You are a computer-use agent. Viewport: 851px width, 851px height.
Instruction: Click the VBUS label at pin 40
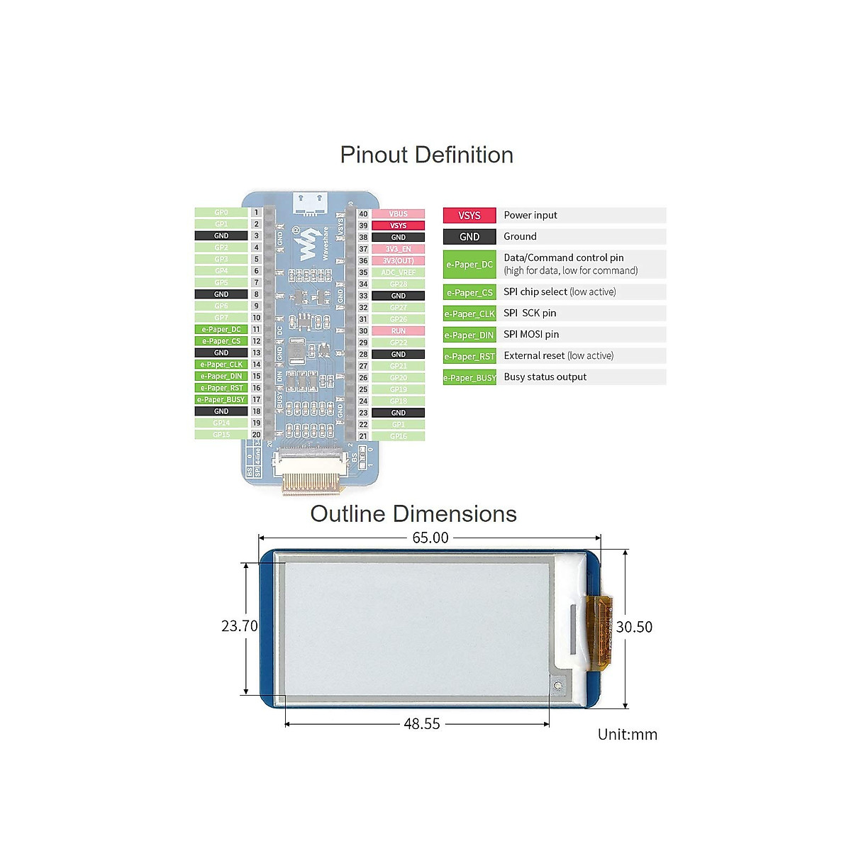(x=399, y=213)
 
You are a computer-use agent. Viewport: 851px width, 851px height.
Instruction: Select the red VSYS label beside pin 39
(x=399, y=226)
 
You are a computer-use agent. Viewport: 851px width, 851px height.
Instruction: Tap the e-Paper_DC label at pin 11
(x=221, y=329)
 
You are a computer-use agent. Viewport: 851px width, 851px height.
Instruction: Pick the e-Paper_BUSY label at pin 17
(x=221, y=399)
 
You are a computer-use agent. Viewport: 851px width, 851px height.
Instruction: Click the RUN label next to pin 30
(x=399, y=330)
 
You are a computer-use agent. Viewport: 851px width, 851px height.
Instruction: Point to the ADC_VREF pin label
(x=399, y=272)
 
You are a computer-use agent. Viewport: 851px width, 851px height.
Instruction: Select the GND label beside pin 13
(x=221, y=352)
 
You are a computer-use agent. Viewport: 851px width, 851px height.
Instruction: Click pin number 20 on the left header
(x=257, y=434)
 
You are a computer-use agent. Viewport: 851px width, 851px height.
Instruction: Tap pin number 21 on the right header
(x=363, y=436)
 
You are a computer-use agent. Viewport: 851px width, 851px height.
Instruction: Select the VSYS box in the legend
(x=469, y=216)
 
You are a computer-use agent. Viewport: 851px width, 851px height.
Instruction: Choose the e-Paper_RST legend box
(x=469, y=356)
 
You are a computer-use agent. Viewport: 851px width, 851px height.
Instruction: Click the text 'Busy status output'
(x=545, y=377)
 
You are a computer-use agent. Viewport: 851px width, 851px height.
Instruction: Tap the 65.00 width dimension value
(x=430, y=538)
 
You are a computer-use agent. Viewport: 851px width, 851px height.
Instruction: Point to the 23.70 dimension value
(x=240, y=626)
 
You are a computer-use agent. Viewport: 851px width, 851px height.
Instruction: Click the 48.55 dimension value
(x=422, y=724)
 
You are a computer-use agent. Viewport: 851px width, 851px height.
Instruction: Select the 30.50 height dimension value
(x=634, y=627)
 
